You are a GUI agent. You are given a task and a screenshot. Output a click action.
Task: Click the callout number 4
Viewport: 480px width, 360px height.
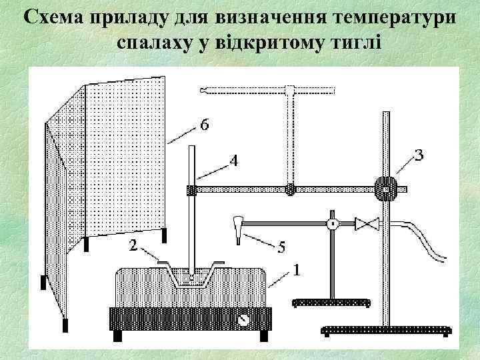234,160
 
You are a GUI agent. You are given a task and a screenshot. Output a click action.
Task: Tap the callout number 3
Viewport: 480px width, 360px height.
419,155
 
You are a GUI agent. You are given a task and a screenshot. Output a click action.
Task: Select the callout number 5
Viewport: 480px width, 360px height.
281,247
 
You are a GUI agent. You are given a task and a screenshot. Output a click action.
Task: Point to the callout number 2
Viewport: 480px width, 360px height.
133,246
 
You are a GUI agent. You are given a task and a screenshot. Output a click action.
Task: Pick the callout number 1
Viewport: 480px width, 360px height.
296,271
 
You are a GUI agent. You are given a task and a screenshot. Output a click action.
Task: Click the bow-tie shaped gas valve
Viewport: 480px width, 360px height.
367,224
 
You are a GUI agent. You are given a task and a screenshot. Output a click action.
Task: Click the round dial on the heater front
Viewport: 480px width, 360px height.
245,319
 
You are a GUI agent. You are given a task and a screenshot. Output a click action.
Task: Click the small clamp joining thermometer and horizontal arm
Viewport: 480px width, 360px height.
192,189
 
